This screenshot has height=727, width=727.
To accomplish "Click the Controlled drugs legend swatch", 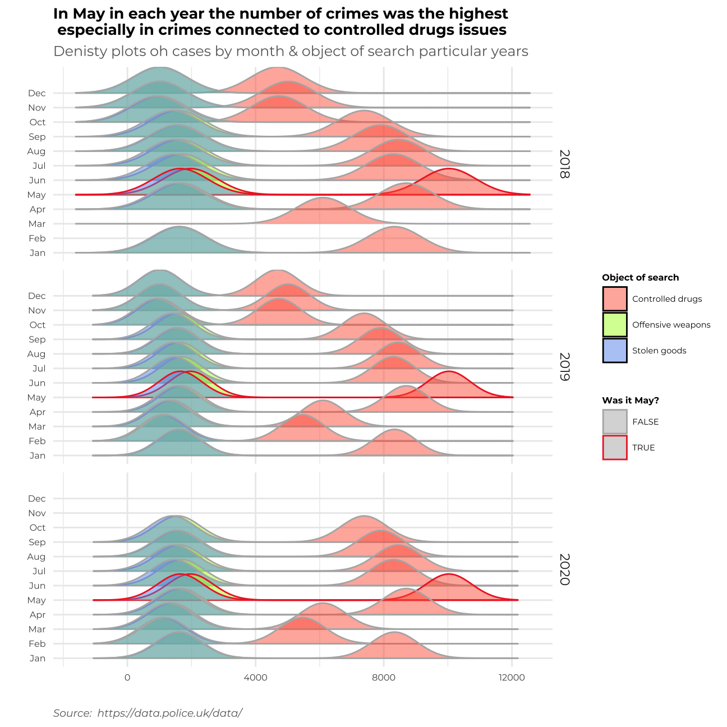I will point(615,299).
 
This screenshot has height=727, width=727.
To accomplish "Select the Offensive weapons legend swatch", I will point(615,325).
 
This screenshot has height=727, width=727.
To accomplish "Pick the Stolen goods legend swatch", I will point(615,351).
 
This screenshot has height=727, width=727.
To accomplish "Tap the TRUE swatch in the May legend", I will point(615,448).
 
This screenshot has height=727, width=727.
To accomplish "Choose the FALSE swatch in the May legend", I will point(615,422).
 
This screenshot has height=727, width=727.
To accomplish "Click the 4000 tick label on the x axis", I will point(256,678).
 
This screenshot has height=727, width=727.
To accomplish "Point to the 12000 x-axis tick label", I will point(512,678).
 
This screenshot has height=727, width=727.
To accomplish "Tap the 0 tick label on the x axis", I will point(127,678).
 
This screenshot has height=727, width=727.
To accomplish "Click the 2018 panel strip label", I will point(564,164).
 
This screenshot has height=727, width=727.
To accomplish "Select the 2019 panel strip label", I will point(564,367).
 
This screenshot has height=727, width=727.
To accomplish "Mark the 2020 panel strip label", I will point(564,569).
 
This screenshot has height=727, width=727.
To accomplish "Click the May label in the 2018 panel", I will point(36,195).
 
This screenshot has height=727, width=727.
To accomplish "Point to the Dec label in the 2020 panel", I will point(36,499).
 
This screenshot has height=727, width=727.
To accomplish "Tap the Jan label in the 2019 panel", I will point(38,455).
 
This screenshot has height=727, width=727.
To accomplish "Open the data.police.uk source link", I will point(169,713).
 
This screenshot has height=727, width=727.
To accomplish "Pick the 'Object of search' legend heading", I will point(640,278).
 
